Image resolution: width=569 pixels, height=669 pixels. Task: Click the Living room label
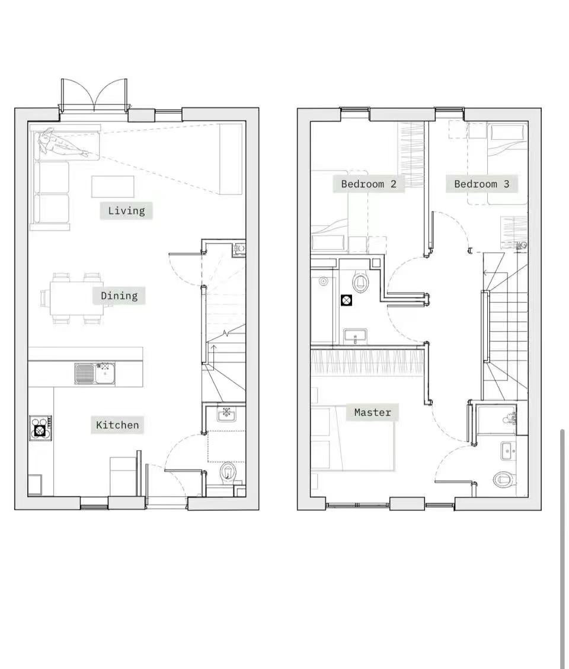click(x=126, y=211)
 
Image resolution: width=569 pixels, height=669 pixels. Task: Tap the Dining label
click(x=119, y=296)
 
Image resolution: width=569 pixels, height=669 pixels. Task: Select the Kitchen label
click(x=117, y=425)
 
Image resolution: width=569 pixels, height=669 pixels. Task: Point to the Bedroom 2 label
click(x=369, y=184)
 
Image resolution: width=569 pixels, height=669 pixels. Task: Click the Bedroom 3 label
click(x=481, y=184)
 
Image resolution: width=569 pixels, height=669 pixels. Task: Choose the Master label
click(x=373, y=412)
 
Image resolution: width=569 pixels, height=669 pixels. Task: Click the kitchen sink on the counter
click(x=94, y=373)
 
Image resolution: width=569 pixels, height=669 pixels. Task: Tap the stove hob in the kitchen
click(x=41, y=428)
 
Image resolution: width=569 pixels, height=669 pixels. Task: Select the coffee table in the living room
click(x=113, y=187)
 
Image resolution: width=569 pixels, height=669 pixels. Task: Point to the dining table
click(x=76, y=298)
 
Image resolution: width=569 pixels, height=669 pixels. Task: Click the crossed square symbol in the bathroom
click(x=347, y=300)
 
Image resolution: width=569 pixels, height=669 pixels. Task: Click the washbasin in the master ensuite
click(x=507, y=452)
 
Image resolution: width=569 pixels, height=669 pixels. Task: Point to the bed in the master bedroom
click(x=353, y=438)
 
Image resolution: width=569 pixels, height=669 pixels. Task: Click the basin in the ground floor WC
click(x=226, y=414)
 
